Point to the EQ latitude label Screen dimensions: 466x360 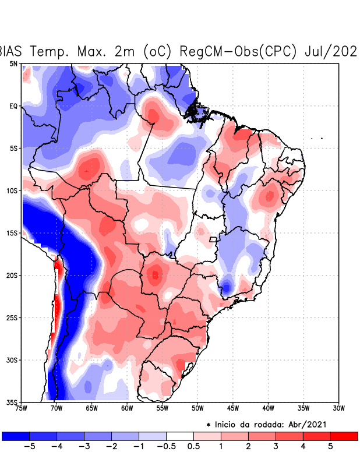pyautogui.click(x=13, y=106)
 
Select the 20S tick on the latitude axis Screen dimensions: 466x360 pyautogui.click(x=12, y=275)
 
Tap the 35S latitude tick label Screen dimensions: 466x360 pyautogui.click(x=12, y=403)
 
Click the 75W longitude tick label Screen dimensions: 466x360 pyautogui.click(x=22, y=408)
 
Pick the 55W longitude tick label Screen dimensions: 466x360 pyautogui.click(x=162, y=408)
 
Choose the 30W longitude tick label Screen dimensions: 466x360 pyautogui.click(x=339, y=408)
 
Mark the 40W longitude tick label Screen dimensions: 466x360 pyautogui.click(x=268, y=408)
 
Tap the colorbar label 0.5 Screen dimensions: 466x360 pyautogui.click(x=193, y=446)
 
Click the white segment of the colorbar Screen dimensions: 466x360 pyautogui.click(x=179, y=436)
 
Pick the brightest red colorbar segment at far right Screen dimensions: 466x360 pyautogui.click(x=344, y=436)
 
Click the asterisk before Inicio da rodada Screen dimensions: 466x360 pyautogui.click(x=208, y=425)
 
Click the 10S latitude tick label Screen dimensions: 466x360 pyautogui.click(x=12, y=190)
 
